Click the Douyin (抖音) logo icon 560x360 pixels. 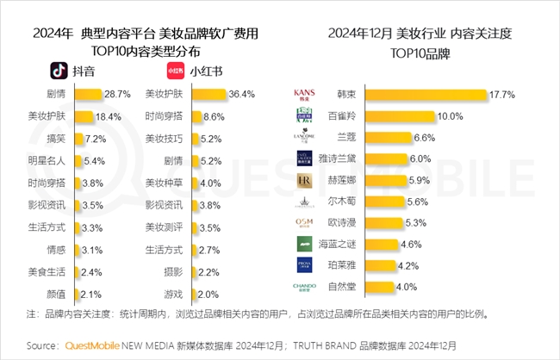tap(58, 70)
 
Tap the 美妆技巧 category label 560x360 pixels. tap(164, 138)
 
